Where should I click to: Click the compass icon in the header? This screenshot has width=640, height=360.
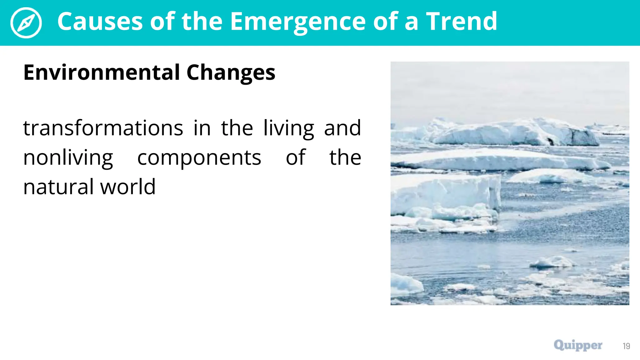click(26, 23)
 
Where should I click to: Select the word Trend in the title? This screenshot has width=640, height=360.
click(462, 22)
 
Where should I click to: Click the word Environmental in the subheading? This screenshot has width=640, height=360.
click(101, 72)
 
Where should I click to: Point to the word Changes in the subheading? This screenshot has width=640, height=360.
click(231, 73)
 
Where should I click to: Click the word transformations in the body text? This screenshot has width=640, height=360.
click(103, 128)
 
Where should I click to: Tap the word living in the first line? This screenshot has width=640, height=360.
click(288, 129)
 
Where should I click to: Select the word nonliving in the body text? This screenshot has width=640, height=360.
click(68, 158)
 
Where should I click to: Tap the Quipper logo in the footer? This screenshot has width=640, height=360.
click(578, 345)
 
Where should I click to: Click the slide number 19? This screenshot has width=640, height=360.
click(626, 346)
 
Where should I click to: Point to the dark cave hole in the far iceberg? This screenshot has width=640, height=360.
click(550, 142)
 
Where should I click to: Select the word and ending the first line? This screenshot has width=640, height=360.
click(342, 128)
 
